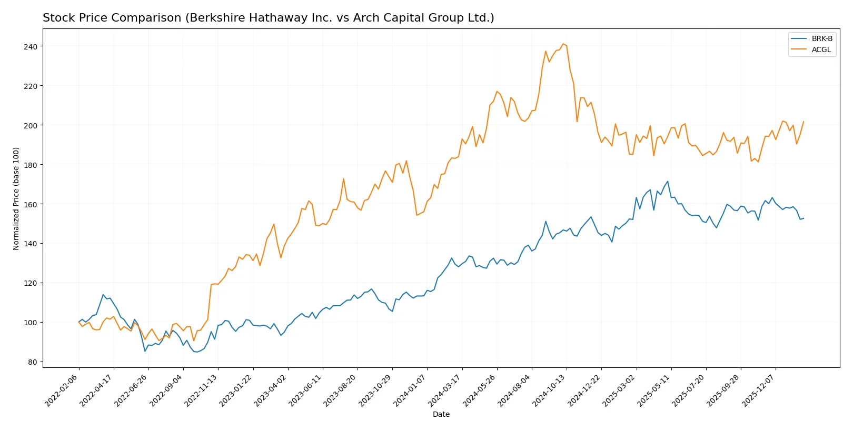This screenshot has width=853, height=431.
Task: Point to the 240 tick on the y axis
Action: [x=31, y=47]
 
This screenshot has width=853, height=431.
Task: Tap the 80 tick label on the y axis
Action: [x=33, y=362]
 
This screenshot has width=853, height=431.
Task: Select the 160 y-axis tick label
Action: [x=31, y=204]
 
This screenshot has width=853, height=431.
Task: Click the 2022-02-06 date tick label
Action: [x=62, y=390]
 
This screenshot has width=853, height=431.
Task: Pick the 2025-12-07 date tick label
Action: [x=759, y=390]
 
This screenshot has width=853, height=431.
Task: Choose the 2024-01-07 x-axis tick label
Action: [x=410, y=390]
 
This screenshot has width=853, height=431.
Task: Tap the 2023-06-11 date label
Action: [x=306, y=390]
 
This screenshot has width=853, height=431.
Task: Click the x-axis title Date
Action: [x=441, y=414]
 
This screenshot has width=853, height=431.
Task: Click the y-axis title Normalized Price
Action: [x=16, y=198]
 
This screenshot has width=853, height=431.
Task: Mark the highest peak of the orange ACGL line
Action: [x=563, y=44]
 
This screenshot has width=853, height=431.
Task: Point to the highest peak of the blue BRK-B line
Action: [x=668, y=182]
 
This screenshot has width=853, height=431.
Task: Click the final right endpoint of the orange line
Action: [x=804, y=122]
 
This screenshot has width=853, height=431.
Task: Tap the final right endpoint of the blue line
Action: [x=804, y=218]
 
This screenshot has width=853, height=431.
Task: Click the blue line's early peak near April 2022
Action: [x=103, y=295]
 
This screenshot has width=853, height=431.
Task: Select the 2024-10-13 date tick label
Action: [x=550, y=390]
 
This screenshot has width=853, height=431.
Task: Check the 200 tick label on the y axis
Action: [x=31, y=125]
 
